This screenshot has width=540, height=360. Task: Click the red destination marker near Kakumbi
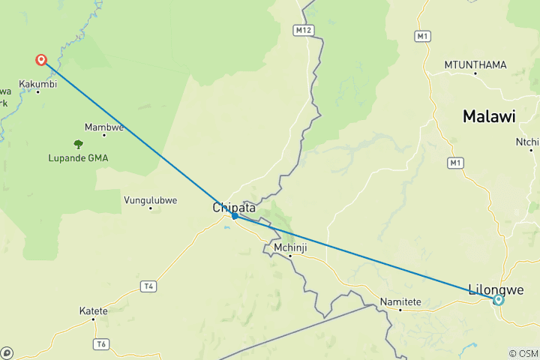coord(41,59)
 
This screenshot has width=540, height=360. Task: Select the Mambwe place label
coord(103,127)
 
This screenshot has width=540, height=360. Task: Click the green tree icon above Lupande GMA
coord(78,143)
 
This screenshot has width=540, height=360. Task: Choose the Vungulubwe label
coord(150,199)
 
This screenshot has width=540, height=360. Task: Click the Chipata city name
coord(234,207)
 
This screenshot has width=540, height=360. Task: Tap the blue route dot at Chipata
coord(235,216)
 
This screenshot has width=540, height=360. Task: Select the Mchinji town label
coord(289,247)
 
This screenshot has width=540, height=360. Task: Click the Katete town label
coord(94,310)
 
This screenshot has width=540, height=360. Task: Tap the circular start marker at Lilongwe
coord(498,300)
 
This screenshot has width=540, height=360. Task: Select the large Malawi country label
coord(489,116)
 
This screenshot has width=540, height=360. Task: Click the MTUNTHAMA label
coord(475,64)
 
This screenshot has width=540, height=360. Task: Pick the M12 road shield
coord(301,29)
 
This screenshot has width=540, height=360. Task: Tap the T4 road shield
coord(149,286)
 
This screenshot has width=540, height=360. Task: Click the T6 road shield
coord(101,343)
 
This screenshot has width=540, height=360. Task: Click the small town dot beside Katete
coord(94,319)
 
